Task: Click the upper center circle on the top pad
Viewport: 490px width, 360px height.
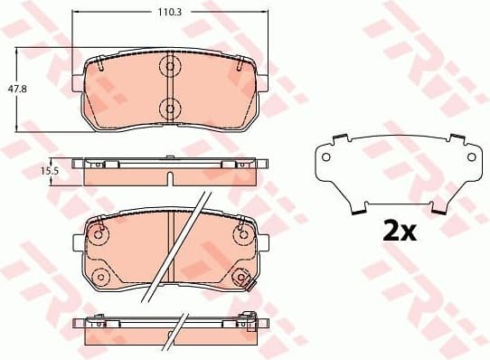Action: [169, 66]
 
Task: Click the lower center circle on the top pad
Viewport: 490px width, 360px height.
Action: [169, 109]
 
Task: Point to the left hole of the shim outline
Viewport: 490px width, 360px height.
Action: [326, 157]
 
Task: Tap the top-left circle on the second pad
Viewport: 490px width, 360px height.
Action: [98, 234]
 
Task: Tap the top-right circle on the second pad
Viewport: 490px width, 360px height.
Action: [240, 234]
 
